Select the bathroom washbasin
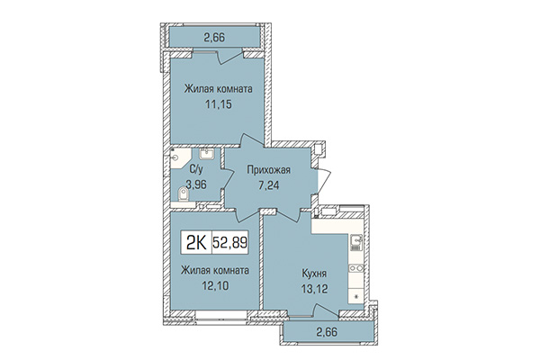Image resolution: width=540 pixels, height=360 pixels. pos(206,154)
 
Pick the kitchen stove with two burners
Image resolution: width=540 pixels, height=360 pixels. pos(358,267)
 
